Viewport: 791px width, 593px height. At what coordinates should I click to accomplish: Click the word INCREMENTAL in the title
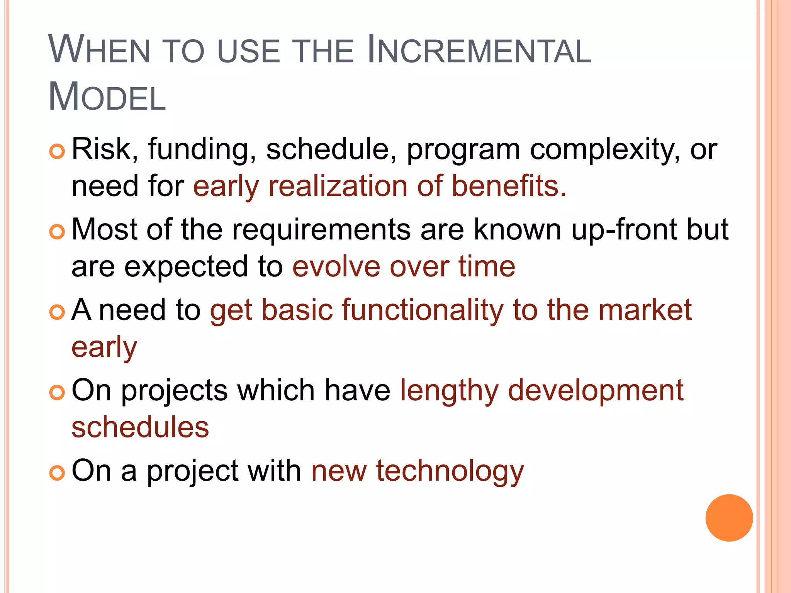tap(479, 50)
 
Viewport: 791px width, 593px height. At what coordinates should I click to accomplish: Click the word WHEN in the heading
tap(99, 50)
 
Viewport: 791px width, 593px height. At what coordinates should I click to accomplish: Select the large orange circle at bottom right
tap(729, 518)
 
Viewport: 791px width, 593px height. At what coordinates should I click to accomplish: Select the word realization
tap(338, 186)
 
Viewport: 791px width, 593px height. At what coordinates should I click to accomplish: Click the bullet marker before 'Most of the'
tap(57, 232)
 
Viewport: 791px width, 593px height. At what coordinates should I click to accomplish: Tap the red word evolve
tap(336, 267)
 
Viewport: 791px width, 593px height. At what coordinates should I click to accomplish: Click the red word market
tap(645, 310)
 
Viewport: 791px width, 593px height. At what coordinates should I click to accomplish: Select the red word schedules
tap(140, 428)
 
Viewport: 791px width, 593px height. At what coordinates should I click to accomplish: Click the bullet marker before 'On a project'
tap(57, 473)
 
